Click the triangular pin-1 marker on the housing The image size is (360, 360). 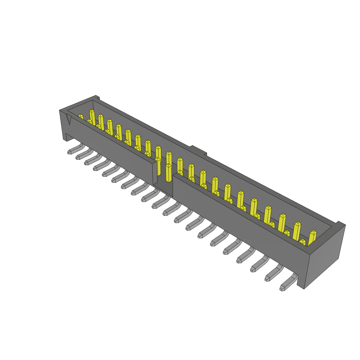tap(69, 120)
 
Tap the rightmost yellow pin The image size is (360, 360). tap(312, 238)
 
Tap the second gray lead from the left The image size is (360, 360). tap(82, 155)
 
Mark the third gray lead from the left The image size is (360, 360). tap(91, 160)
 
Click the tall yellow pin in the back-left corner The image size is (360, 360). tap(92, 117)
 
